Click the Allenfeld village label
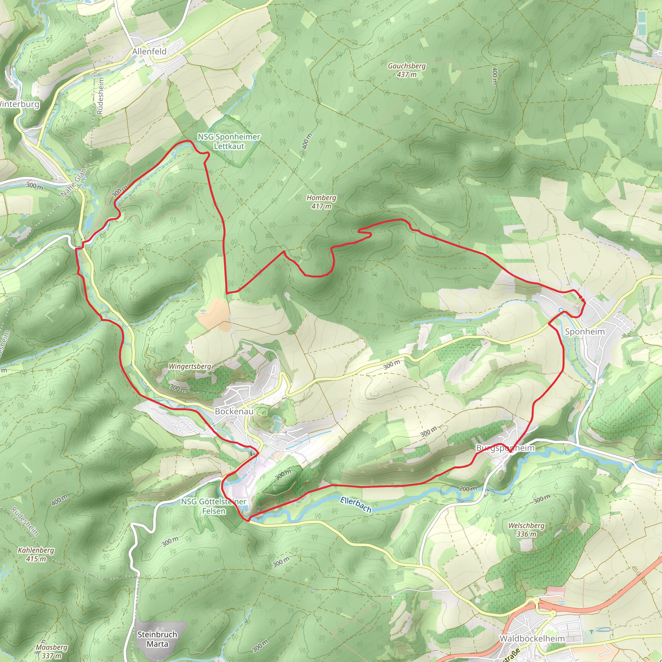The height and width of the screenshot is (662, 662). [149, 51]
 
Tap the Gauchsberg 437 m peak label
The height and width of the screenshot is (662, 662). [407, 70]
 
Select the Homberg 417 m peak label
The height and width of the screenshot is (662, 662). [321, 202]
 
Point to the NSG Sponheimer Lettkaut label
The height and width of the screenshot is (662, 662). [229, 141]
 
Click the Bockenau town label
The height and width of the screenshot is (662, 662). [234, 411]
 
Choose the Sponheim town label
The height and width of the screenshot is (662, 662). [585, 331]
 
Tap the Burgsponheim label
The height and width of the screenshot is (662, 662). [506, 448]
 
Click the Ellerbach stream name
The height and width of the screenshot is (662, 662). [356, 505]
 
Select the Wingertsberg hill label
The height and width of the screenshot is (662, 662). [190, 366]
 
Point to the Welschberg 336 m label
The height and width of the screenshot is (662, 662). [526, 529]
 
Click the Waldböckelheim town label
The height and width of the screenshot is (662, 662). [532, 638]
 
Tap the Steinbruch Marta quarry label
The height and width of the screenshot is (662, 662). [157, 639]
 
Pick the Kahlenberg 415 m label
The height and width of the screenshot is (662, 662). [36, 554]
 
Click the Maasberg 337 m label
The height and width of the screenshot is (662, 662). [51, 651]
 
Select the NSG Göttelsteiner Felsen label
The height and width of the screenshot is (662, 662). [213, 506]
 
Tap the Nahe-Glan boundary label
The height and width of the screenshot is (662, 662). [74, 183]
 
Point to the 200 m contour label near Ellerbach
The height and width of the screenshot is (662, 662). [468, 489]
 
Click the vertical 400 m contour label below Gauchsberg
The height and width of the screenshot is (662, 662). [495, 76]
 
